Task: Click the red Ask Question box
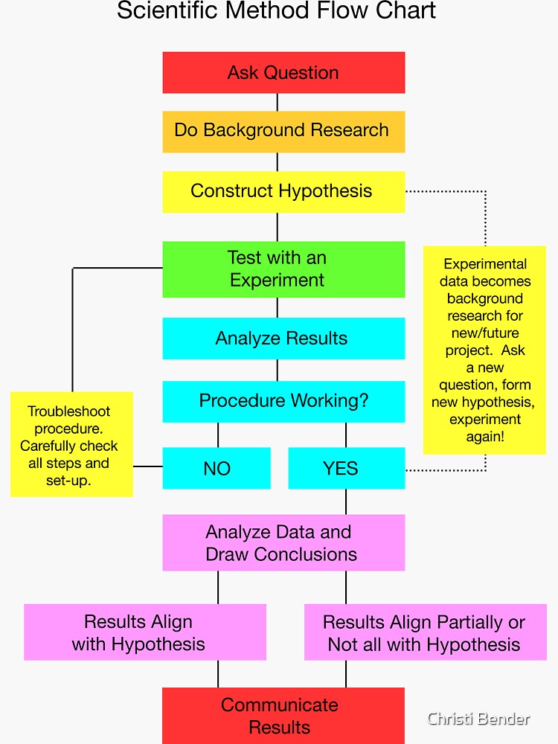click(x=283, y=72)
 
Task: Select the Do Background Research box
click(x=283, y=131)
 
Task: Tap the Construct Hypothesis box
click(x=283, y=191)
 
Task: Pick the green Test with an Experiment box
click(x=283, y=269)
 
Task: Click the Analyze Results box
click(x=283, y=339)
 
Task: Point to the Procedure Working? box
click(x=283, y=401)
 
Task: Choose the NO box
click(x=217, y=468)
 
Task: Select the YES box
click(x=346, y=468)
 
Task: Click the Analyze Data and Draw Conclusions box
click(x=283, y=543)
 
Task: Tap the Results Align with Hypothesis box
click(x=145, y=632)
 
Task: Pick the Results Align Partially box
click(x=425, y=632)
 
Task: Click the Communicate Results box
click(x=283, y=715)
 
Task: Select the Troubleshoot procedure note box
click(x=71, y=444)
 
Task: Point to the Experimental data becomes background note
click(x=484, y=350)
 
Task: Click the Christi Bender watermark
click(x=478, y=719)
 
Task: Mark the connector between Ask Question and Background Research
click(x=278, y=102)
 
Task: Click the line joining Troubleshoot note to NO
click(x=147, y=466)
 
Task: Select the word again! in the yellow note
click(x=485, y=437)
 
